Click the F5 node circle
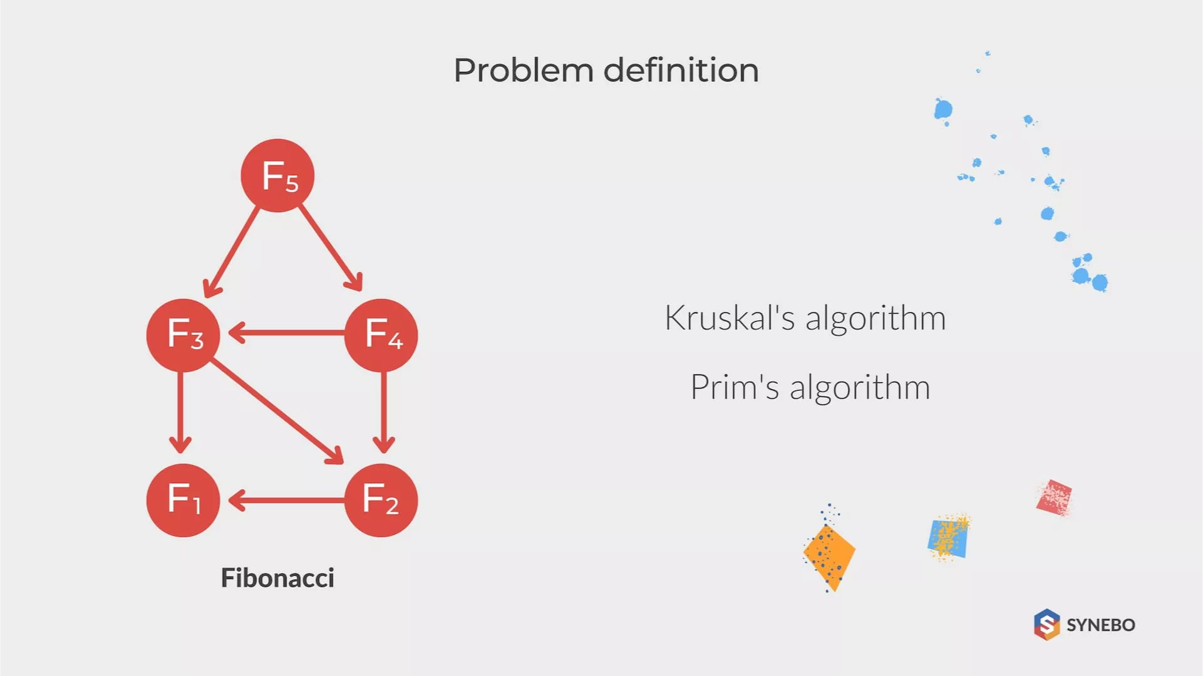pyautogui.click(x=277, y=175)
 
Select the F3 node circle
pyautogui.click(x=183, y=335)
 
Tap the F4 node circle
pyautogui.click(x=381, y=335)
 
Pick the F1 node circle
pyautogui.click(x=183, y=500)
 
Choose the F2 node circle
pyautogui.click(x=381, y=500)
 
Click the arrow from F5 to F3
pyautogui.click(x=232, y=250)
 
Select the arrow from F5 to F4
pyautogui.click(x=330, y=248)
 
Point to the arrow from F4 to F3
pyautogui.click(x=287, y=333)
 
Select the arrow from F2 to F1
pyautogui.click(x=287, y=500)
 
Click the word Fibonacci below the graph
pyautogui.click(x=277, y=578)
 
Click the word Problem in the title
pyautogui.click(x=523, y=70)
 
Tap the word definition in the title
pyautogui.click(x=681, y=70)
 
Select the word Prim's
pyautogui.click(x=735, y=387)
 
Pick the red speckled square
pyautogui.click(x=1054, y=498)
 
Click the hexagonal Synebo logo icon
pyautogui.click(x=1046, y=624)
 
